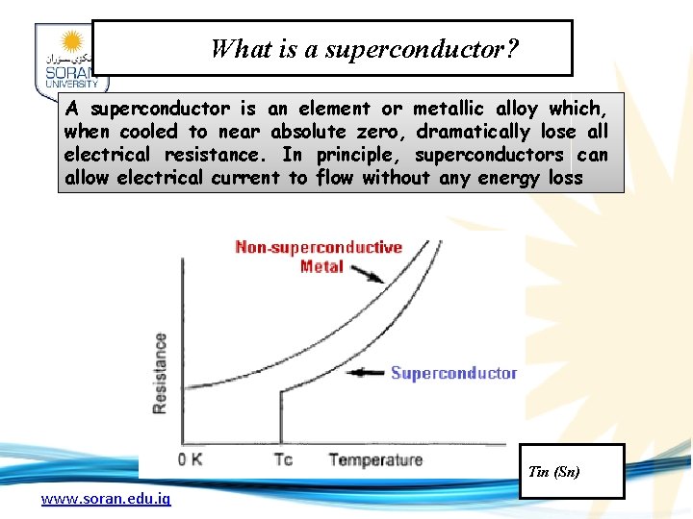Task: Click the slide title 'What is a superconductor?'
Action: [365, 48]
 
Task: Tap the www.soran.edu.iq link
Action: [106, 499]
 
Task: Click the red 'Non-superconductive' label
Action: [319, 248]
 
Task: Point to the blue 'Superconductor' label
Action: [453, 373]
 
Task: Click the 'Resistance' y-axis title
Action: [160, 373]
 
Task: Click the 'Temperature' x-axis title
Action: [375, 459]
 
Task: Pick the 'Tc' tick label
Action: [282, 459]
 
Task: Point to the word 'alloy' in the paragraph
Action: [517, 109]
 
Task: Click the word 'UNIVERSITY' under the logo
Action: [65, 85]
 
